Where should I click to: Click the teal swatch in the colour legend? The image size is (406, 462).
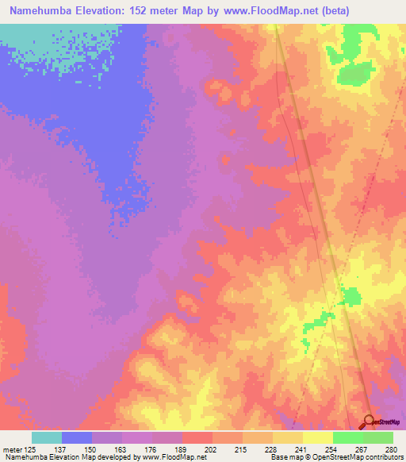pos(47,437)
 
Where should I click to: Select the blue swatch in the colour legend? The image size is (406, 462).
pos(77,437)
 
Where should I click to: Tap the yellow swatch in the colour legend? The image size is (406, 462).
pos(318,437)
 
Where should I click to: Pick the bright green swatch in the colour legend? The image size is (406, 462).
pos(348,437)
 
